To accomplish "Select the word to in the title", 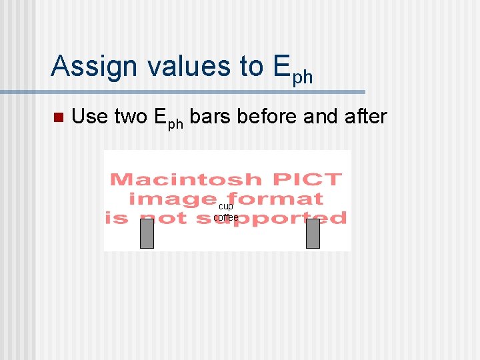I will click(x=252, y=67).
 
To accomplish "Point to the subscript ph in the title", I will click(x=302, y=77).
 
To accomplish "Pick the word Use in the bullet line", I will click(x=90, y=117).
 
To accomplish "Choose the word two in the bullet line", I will click(x=131, y=117).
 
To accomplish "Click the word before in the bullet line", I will click(x=267, y=117).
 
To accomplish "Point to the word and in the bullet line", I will click(x=320, y=117).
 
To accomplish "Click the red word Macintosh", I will click(x=185, y=179).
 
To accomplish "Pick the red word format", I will click(x=275, y=199).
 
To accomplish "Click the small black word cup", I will click(x=226, y=207).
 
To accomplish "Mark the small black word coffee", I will click(x=226, y=217).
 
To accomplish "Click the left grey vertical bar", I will click(x=147, y=233).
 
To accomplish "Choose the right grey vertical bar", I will click(x=313, y=233).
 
